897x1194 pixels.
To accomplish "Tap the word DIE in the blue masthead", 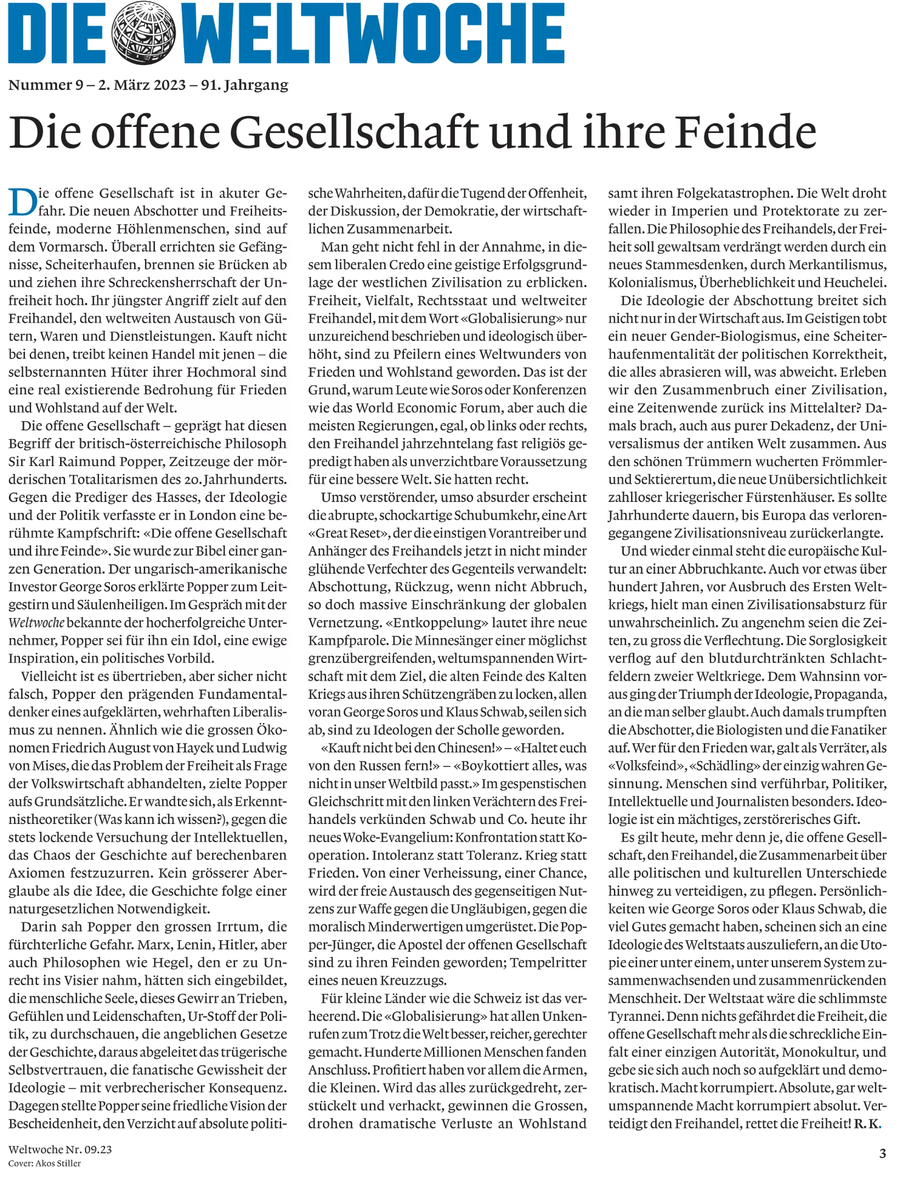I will (57, 33).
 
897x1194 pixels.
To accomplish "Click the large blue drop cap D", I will (22, 202).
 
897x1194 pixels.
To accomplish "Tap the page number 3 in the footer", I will (882, 1153).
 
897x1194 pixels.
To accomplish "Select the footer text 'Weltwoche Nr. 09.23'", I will (60, 1149).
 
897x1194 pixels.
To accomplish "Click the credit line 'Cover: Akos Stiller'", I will (44, 1163).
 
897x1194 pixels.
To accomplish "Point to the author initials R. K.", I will (867, 1124).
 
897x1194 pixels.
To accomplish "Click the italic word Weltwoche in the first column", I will (36, 623).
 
